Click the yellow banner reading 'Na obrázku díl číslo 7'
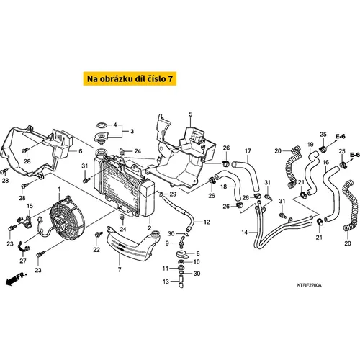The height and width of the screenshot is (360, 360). [130, 78]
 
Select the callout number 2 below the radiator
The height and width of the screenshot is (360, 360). [150, 228]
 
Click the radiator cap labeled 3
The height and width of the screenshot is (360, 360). [101, 138]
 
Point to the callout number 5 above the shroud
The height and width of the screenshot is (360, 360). [191, 114]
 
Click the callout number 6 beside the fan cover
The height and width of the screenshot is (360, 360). [81, 151]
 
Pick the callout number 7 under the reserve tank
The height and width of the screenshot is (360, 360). [120, 269]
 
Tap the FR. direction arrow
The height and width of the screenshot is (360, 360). [16, 279]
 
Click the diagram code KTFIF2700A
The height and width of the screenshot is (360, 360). [309, 285]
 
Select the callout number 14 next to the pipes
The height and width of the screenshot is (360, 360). [245, 232]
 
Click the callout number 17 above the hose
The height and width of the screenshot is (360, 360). [248, 151]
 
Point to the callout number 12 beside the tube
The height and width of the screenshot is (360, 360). [207, 222]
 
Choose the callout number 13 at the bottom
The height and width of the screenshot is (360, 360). [166, 282]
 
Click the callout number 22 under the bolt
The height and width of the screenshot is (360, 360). [96, 250]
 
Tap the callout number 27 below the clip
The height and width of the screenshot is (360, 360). [23, 261]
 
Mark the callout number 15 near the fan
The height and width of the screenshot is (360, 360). [30, 206]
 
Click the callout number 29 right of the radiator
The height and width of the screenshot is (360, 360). [173, 194]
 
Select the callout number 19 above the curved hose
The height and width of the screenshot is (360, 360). [310, 145]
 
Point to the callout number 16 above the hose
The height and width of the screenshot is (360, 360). [325, 163]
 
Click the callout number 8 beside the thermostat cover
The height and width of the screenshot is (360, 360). [198, 253]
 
